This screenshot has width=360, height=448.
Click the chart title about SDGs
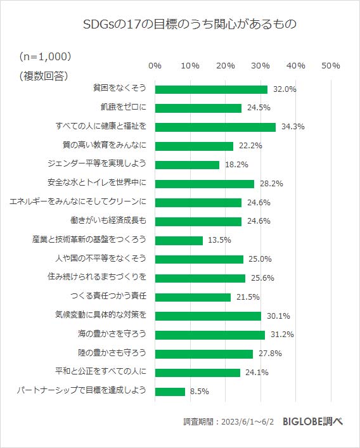(181, 25)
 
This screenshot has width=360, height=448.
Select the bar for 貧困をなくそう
(211, 89)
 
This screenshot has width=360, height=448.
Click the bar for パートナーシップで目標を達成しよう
(170, 392)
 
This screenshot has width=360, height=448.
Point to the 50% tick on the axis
(331, 65)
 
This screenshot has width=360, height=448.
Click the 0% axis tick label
(155, 65)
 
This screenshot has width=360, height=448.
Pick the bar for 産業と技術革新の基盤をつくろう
(179, 240)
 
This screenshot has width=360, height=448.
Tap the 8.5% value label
(199, 392)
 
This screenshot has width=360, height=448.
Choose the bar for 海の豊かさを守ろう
(210, 335)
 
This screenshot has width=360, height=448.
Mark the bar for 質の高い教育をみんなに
(194, 146)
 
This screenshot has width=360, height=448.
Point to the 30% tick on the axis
(260, 65)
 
